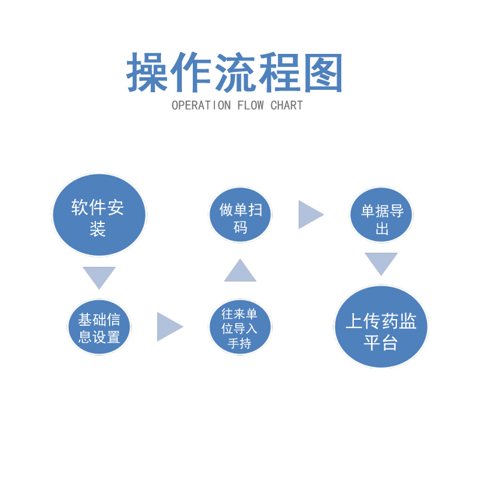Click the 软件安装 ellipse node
point(99,215)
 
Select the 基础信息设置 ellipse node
point(99,327)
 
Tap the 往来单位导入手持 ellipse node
point(240,327)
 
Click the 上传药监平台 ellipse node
point(381,327)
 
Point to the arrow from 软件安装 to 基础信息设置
point(99,277)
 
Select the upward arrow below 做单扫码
point(240,271)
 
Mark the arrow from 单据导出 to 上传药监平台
point(381,263)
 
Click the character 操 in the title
point(147,73)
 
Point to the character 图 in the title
point(323,73)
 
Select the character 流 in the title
point(235,73)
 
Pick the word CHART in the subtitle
point(287,106)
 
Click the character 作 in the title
point(192,73)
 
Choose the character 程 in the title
point(279,73)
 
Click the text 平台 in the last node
point(381,344)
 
